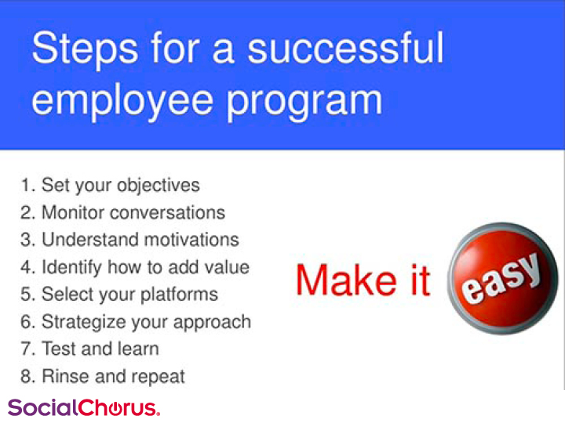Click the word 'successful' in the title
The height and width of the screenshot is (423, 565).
[345, 49]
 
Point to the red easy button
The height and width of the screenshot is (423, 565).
[503, 278]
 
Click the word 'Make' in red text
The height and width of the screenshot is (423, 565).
[346, 280]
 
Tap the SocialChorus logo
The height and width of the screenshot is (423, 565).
[84, 407]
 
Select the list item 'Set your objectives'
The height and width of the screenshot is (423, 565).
[120, 186]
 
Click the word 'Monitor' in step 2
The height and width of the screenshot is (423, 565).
[73, 212]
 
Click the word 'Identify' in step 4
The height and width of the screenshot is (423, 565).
[71, 268]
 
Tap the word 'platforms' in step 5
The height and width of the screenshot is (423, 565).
[179, 295]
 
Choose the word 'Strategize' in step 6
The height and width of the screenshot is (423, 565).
[84, 322]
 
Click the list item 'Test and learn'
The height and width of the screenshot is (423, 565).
[100, 349]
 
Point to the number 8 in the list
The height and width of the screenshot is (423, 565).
[26, 377]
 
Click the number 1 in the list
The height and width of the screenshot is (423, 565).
[26, 185]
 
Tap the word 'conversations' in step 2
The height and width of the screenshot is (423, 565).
[168, 212]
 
